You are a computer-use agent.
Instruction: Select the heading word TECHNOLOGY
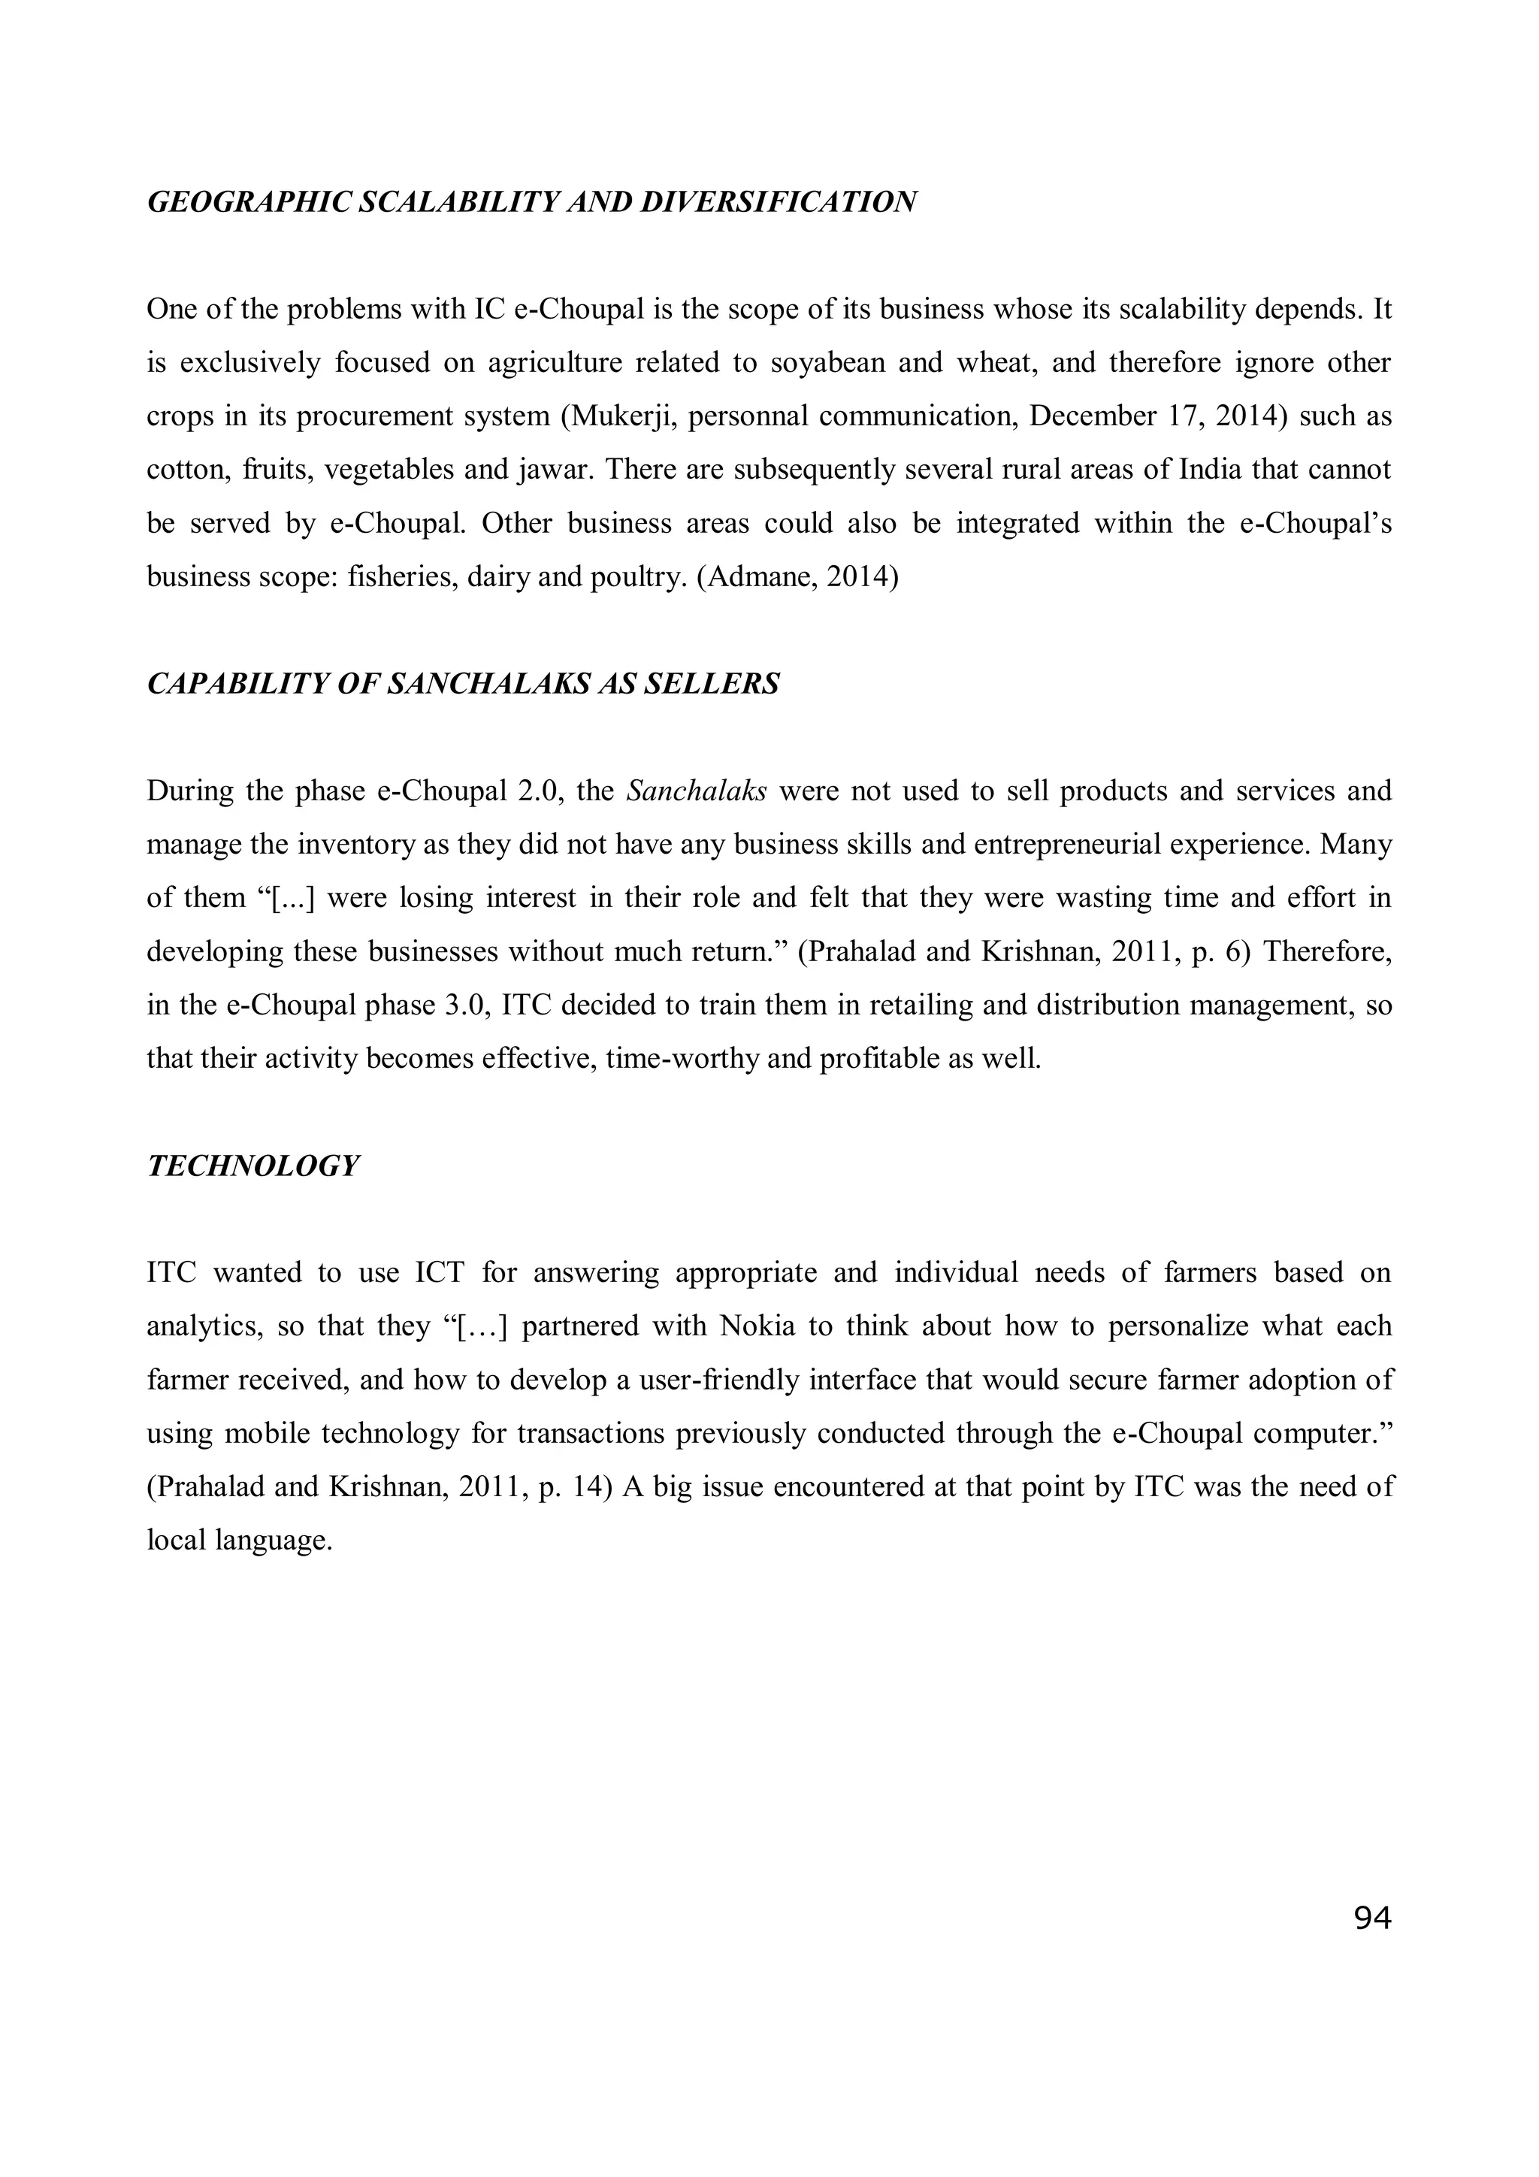[253, 1166]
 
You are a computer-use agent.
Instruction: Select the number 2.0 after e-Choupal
[539, 791]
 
